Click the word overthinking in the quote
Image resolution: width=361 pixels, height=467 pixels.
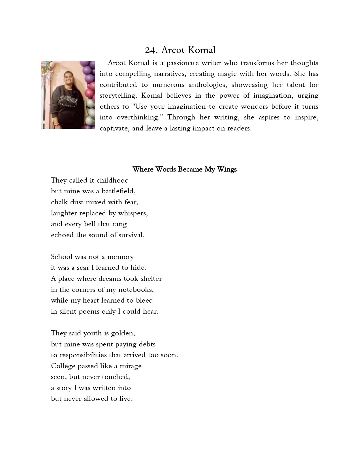pyautogui.click(x=141, y=117)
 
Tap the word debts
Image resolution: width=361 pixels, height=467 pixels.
pyautogui.click(x=147, y=344)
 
